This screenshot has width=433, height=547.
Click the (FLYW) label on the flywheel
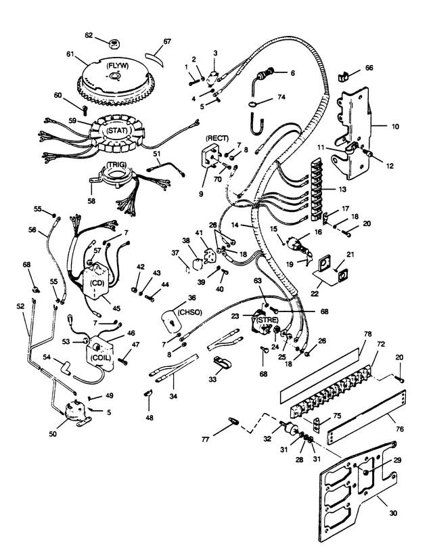[118, 66]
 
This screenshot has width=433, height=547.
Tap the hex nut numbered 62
[114, 44]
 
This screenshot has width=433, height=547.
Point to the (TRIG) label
[116, 165]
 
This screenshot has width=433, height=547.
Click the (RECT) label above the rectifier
[217, 139]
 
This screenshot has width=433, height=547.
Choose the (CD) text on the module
[97, 283]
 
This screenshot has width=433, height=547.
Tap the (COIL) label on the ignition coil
[100, 358]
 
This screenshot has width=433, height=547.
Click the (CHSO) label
[189, 312]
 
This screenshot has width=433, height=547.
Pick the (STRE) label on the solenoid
[268, 320]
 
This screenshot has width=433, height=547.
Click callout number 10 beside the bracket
[395, 127]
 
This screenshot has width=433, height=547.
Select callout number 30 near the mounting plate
[393, 513]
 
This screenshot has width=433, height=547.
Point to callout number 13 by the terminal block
[342, 189]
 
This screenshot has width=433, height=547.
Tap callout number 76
[400, 429]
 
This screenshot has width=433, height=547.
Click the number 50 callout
[53, 434]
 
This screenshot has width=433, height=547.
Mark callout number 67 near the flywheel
[167, 41]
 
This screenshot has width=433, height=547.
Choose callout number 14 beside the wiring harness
[235, 225]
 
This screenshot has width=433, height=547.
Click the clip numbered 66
[343, 76]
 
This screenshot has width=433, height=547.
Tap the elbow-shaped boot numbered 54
[65, 368]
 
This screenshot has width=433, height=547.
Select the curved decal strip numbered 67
[154, 60]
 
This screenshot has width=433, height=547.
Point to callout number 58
[91, 201]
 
